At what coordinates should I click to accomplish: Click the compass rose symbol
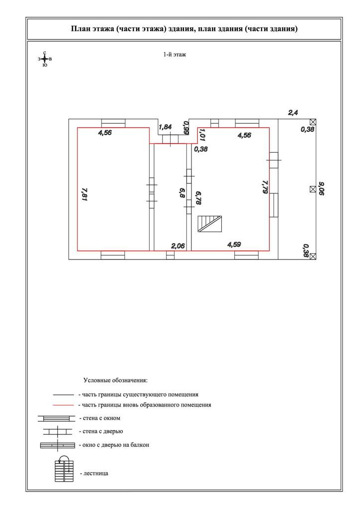coord(45,59)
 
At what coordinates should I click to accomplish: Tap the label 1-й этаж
coord(175,55)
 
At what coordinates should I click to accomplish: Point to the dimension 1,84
coord(165,127)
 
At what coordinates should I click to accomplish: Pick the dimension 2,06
coord(178,246)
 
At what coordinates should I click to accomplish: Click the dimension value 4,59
coord(234,244)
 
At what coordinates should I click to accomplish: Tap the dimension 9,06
coord(321,189)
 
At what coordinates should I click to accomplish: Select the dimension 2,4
coord(293,113)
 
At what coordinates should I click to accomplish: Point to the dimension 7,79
coord(265,186)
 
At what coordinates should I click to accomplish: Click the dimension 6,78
coord(198,198)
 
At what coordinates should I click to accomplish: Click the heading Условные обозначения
coord(115,380)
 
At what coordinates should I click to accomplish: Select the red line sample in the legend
coord(64,406)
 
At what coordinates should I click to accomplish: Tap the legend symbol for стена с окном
coord(56,419)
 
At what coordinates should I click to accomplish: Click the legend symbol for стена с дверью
coord(58,431)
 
